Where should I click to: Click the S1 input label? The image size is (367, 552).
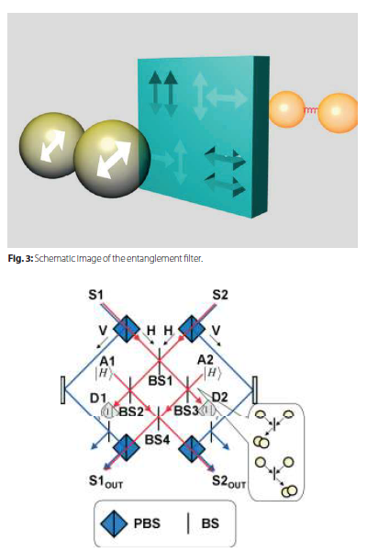click(x=96, y=295)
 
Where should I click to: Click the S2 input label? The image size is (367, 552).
click(x=219, y=295)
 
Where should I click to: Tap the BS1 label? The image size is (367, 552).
click(x=160, y=381)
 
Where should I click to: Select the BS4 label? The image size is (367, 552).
click(x=157, y=439)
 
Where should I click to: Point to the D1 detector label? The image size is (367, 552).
click(x=98, y=399)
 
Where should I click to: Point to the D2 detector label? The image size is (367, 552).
click(x=220, y=398)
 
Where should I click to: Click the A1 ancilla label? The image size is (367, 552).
click(x=107, y=361)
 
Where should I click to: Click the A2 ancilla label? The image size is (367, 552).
click(x=206, y=360)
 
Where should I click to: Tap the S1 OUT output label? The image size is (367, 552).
click(x=106, y=482)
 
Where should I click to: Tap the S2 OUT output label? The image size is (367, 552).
click(x=228, y=481)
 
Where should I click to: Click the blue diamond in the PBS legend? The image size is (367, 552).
click(x=114, y=524)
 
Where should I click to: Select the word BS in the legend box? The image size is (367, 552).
click(x=210, y=524)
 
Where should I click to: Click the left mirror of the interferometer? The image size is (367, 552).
click(x=63, y=390)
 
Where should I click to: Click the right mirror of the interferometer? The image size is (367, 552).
click(x=254, y=390)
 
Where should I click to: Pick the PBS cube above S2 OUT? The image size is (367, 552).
click(x=192, y=448)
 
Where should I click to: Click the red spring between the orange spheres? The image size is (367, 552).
click(x=311, y=110)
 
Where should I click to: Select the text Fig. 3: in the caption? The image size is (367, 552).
click(x=20, y=259)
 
